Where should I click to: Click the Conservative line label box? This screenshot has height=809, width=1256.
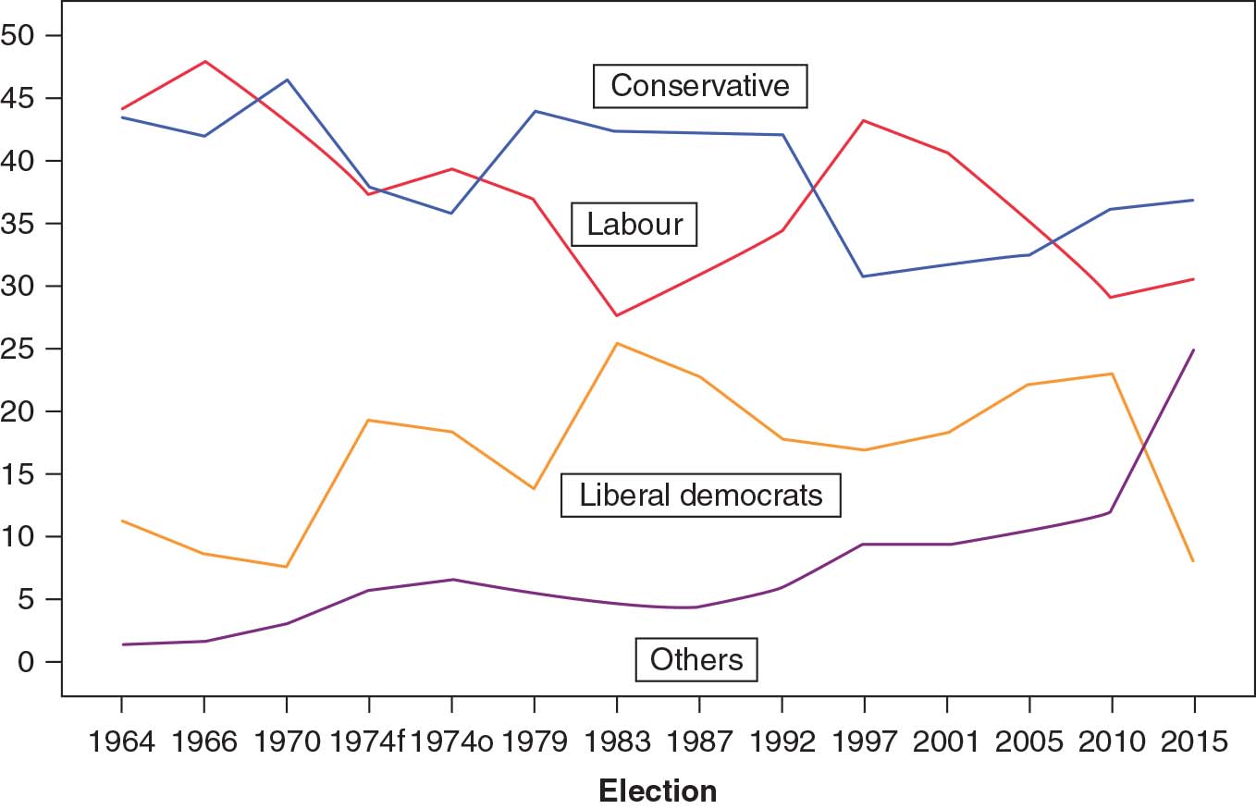[700, 86]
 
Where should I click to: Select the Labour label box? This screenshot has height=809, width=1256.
[634, 225]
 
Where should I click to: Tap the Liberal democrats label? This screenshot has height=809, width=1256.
[700, 496]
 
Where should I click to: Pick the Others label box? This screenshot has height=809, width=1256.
[696, 659]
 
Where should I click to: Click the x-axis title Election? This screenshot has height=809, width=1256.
[658, 791]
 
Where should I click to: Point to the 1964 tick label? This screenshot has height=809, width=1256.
[121, 742]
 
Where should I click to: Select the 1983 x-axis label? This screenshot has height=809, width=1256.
[617, 742]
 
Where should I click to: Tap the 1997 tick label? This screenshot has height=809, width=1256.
[864, 742]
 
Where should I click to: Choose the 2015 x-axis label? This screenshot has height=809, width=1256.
[1193, 742]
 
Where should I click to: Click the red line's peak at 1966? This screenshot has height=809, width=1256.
[204, 62]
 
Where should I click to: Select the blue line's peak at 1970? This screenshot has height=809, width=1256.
[287, 80]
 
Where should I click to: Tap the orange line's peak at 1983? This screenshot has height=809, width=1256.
[617, 343]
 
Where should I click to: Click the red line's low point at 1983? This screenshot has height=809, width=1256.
[617, 316]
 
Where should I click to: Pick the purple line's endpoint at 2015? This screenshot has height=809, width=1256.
[1193, 350]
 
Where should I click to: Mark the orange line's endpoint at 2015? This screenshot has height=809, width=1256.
[1193, 560]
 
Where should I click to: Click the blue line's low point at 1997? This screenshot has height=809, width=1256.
[864, 276]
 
